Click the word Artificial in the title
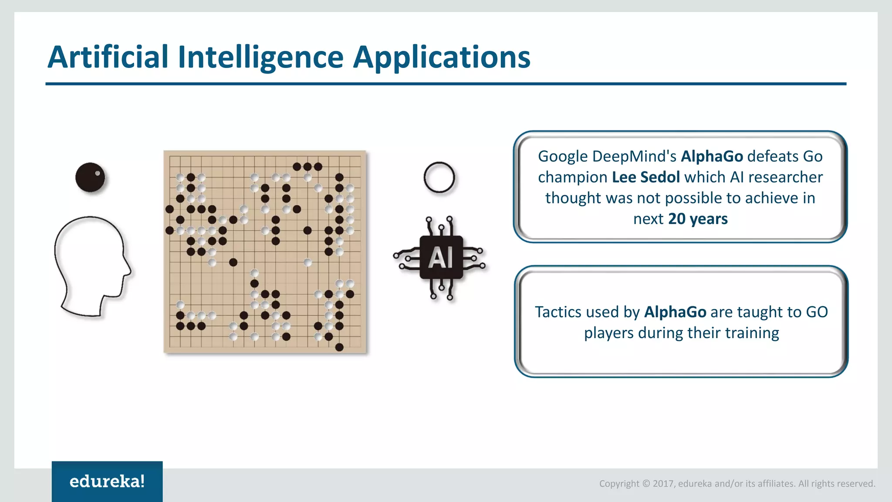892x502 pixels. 108,57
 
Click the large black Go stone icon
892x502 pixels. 90,177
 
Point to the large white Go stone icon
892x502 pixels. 439,177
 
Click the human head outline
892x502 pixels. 91,266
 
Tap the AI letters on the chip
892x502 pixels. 441,257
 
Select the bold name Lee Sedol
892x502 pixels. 645,177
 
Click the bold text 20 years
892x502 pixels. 698,219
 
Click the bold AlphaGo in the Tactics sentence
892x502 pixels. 675,312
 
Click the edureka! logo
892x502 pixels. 107,482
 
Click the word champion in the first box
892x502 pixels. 572,177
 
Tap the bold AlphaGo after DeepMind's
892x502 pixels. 712,156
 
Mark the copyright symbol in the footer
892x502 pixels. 646,484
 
